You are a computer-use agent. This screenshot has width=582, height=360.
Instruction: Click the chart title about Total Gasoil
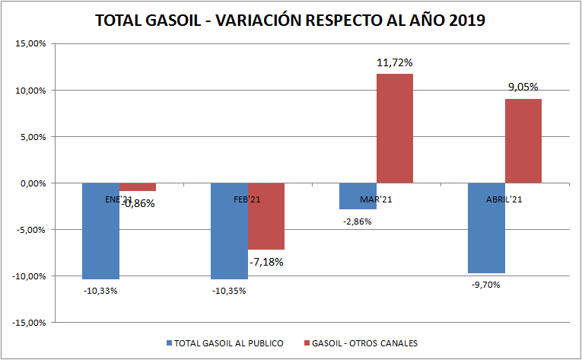pos(291,21)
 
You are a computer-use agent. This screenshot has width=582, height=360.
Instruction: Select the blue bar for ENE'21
pos(100,236)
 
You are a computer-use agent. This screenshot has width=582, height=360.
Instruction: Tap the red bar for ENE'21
pos(138,187)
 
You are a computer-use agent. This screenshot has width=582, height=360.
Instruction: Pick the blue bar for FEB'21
pos(229,236)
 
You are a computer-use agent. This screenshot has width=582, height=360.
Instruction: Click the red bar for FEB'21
pos(266,217)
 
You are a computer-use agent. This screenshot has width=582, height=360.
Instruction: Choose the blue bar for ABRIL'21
pos(486,228)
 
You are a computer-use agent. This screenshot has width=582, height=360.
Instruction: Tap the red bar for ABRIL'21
pos(523,141)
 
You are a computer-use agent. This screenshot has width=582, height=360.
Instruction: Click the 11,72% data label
pos(395,62)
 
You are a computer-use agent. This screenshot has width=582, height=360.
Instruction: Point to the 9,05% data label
pos(523,88)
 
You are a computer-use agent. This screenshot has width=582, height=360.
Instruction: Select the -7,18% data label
pos(266,262)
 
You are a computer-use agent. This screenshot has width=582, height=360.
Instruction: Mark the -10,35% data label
pos(229,291)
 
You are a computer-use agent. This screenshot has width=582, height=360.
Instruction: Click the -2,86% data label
pos(358,221)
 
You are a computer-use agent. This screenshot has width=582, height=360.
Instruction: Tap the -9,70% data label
pos(486,285)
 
